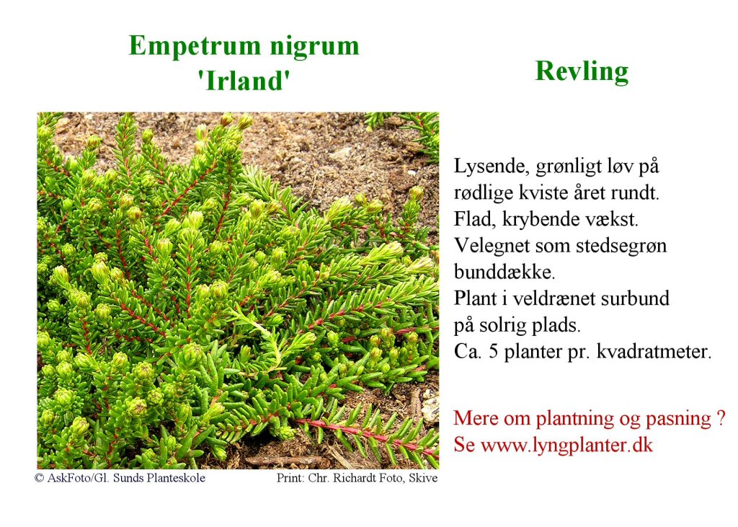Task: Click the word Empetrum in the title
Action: pos(195,47)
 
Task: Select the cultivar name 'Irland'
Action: pos(244,81)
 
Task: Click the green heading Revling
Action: pos(582,72)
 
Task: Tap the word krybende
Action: pos(534,219)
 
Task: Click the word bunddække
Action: pos(504,272)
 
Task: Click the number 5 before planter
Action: pos(493,351)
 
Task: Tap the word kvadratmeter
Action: pos(654,352)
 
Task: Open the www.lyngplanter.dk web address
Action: pos(566,445)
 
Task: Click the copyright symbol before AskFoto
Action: pos(39,478)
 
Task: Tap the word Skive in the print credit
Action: pos(423,478)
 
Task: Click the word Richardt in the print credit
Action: pos(350,478)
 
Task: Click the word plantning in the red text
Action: pos(575,419)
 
